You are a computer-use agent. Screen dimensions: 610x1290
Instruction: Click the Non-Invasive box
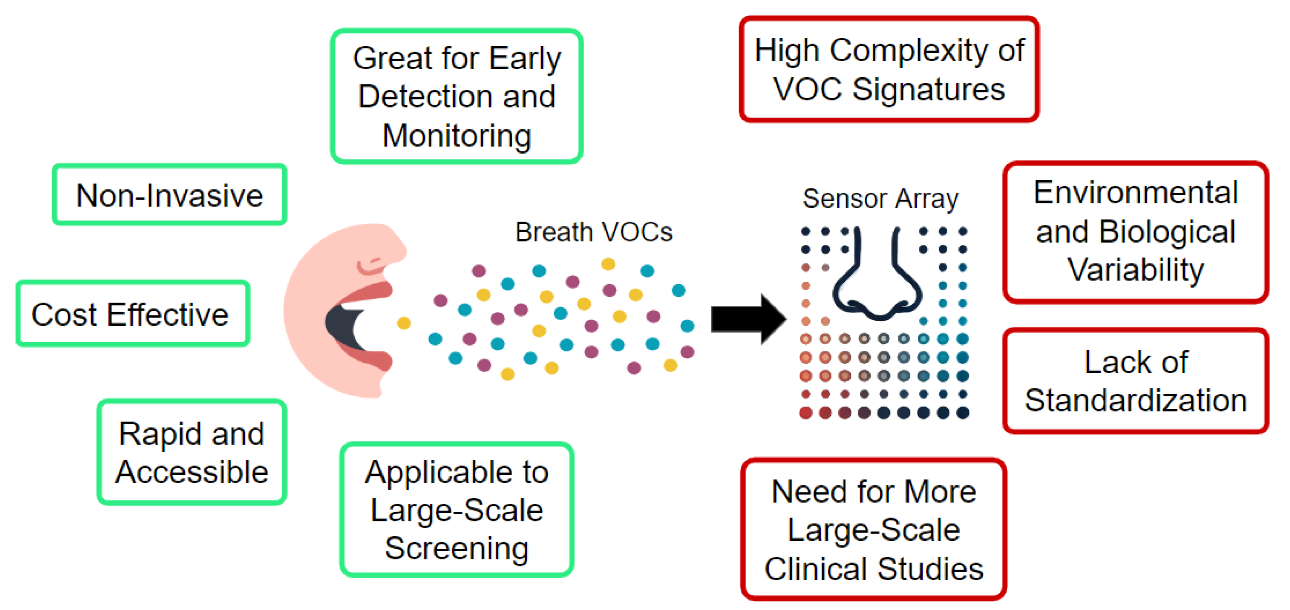pos(169,195)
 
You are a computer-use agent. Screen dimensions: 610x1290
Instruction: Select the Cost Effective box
pos(133,314)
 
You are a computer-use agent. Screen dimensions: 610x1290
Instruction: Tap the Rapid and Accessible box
pos(192,452)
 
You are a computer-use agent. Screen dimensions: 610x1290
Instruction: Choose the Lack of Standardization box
pos(1135,381)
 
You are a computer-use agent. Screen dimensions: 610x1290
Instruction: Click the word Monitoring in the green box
pos(457,136)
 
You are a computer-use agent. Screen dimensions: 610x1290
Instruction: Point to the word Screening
pos(457,548)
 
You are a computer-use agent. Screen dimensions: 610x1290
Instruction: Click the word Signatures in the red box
pos(929,90)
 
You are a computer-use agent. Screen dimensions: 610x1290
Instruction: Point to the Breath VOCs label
pos(594,232)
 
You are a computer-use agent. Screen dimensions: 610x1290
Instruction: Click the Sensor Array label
pos(880,198)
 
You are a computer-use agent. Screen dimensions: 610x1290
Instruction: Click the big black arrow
pos(748,319)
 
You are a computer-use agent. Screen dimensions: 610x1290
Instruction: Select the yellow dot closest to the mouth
pos(404,323)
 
